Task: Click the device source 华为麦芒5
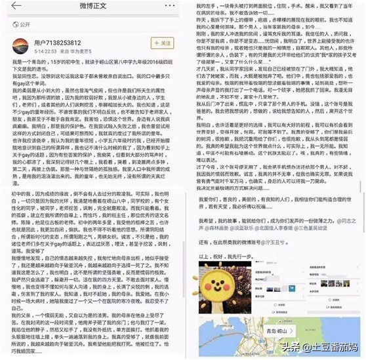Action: click(75, 50)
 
